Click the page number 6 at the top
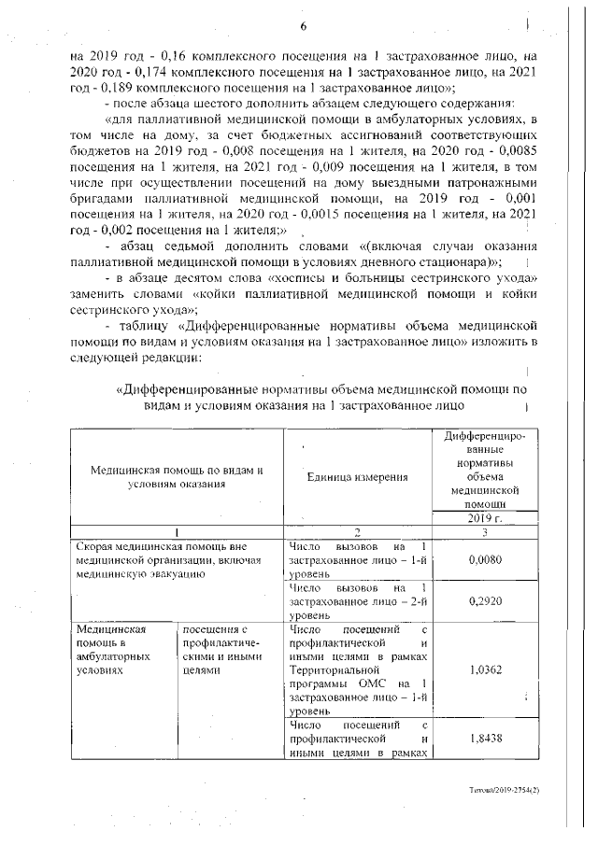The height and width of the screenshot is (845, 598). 303,25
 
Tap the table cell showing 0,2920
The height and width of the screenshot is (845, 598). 484,602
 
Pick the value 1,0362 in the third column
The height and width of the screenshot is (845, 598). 484,669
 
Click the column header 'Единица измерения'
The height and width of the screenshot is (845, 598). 357,477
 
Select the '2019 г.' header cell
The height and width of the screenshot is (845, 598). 484,518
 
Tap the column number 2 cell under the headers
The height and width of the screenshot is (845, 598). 357,532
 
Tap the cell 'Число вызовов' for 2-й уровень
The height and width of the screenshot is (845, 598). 357,602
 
